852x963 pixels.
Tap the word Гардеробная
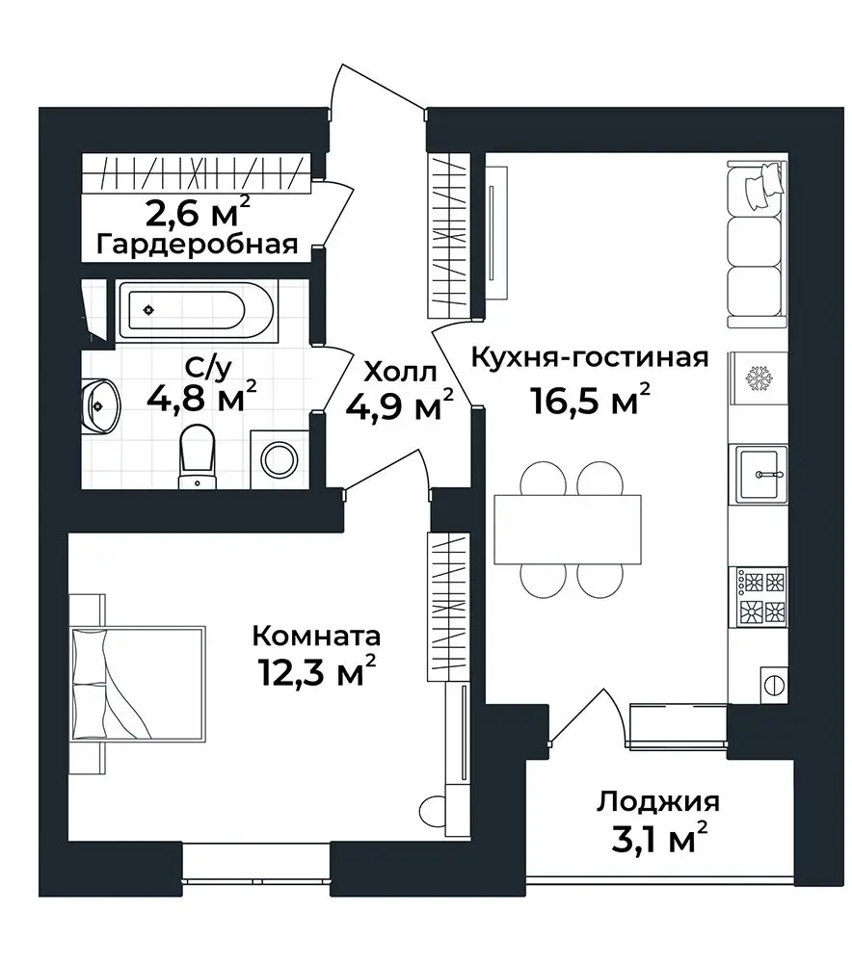click(197, 243)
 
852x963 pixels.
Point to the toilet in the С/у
click(198, 453)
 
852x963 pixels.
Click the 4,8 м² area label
click(201, 396)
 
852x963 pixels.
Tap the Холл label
click(399, 370)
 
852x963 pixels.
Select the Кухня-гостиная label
click(589, 357)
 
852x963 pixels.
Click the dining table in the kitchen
click(568, 530)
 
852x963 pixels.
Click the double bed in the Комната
click(140, 684)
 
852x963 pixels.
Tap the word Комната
click(316, 636)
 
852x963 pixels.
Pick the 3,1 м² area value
click(659, 841)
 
